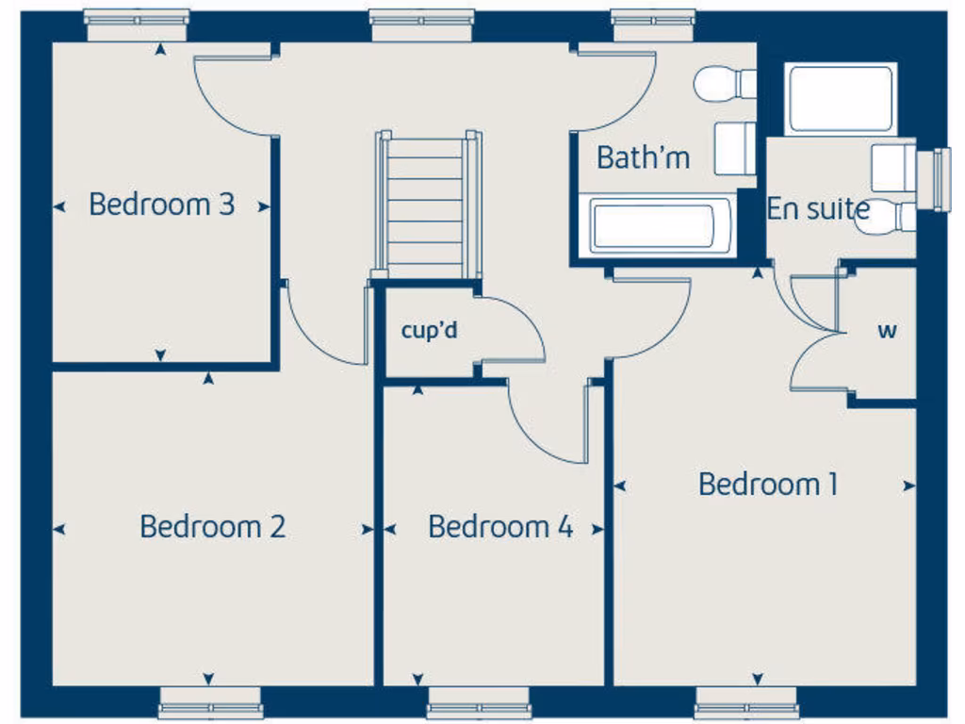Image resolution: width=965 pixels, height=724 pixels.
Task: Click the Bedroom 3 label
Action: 161,204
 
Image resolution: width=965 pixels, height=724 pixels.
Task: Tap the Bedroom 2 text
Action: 212,526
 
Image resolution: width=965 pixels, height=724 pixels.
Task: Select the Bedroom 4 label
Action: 499,526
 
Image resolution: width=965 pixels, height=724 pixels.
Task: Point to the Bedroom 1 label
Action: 768,485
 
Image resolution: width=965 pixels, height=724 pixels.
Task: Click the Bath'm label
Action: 643,157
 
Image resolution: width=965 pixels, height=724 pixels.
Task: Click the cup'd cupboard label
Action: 429,331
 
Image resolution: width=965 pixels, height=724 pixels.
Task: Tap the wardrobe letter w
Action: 886,331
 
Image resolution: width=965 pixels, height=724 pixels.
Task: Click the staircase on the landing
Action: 428,204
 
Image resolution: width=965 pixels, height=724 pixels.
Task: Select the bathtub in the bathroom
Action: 653,225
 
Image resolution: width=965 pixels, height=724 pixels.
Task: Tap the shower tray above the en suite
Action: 840,99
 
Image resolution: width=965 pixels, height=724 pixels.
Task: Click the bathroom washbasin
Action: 735,149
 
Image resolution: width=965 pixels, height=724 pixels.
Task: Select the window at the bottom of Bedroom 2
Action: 210,702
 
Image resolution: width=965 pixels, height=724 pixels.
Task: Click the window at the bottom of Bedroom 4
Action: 479,702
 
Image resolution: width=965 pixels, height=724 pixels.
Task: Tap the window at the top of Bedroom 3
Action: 136,24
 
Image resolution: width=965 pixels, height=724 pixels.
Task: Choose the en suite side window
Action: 940,179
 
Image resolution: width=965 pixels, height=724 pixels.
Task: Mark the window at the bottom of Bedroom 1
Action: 746,702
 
